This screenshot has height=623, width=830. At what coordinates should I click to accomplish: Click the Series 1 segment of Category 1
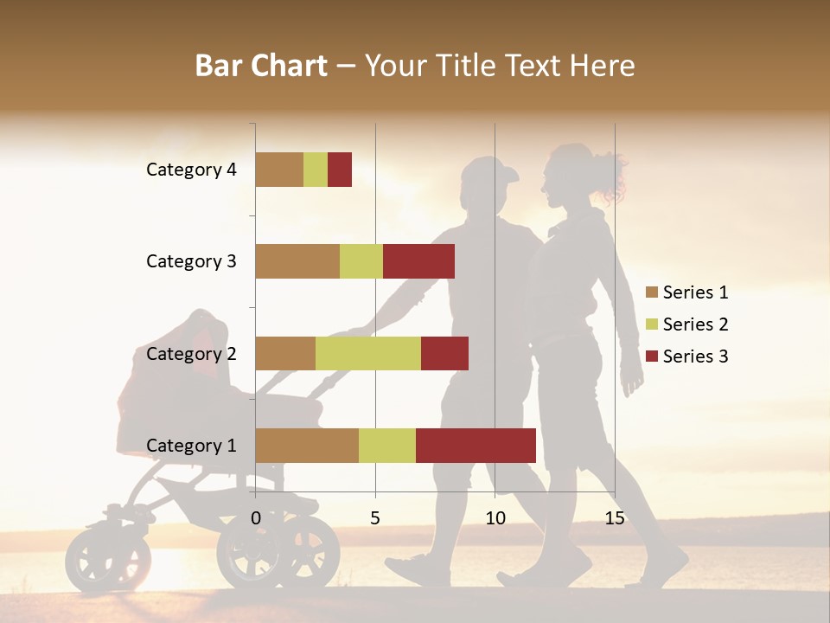307,445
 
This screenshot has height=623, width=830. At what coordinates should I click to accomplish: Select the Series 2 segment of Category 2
368,353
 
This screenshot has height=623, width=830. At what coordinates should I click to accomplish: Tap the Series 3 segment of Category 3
418,261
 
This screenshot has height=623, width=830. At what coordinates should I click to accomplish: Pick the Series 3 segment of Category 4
340,170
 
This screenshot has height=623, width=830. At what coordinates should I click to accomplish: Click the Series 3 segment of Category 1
476,445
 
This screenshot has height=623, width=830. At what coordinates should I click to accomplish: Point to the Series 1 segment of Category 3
297,261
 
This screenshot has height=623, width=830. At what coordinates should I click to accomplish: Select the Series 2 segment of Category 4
316,170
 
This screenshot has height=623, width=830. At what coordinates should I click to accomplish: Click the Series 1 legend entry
687,292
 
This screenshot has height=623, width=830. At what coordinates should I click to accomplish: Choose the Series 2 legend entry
687,324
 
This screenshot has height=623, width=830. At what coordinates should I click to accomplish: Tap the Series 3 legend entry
687,356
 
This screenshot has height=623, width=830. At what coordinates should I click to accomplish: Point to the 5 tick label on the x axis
375,518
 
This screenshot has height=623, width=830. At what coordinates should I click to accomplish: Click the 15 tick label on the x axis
615,518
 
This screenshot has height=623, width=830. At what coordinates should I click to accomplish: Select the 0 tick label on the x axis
256,518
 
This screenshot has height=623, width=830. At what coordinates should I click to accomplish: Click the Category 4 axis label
191,170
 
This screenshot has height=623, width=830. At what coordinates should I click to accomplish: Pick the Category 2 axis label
191,353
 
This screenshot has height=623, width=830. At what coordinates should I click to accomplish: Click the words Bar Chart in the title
261,66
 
